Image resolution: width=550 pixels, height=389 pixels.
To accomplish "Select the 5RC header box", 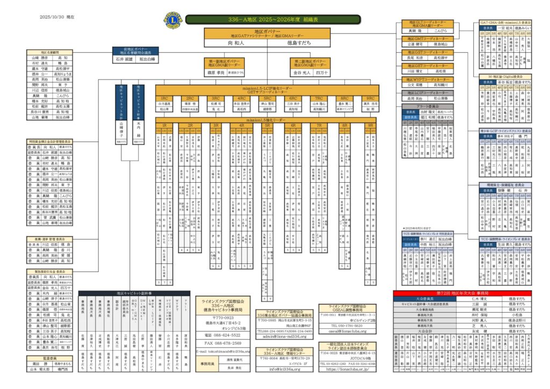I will coord(267,98).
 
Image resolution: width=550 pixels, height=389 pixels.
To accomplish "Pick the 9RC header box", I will coord(370,98).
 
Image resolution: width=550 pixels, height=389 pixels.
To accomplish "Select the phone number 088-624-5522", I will coord(221,335).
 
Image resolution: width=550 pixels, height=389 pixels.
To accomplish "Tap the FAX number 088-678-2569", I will coord(221,342).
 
